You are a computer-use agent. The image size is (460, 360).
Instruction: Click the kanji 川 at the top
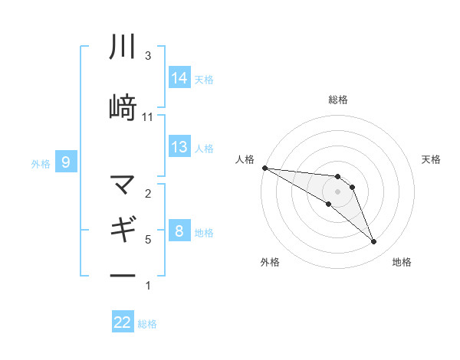[123, 47]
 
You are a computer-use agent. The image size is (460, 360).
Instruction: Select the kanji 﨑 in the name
[123, 106]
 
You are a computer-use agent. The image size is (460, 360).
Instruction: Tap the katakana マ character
[123, 185]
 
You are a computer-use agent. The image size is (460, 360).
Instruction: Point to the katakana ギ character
[123, 229]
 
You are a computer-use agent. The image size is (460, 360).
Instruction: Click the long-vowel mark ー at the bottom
[123, 274]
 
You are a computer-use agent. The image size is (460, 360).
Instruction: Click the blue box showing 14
[179, 77]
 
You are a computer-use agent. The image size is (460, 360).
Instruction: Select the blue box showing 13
[179, 147]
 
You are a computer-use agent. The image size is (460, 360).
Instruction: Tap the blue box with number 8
[179, 231]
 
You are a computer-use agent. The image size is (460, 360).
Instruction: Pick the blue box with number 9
[67, 162]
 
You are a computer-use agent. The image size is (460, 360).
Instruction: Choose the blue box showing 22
[123, 322]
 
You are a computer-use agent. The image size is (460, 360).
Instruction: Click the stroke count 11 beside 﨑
[148, 117]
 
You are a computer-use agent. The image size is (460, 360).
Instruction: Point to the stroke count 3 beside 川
[148, 56]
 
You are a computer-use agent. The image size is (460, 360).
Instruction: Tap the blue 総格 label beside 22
[147, 324]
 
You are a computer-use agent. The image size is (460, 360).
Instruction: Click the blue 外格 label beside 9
[41, 163]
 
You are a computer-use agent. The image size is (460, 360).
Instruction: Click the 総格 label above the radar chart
[338, 100]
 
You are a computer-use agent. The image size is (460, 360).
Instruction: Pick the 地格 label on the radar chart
[402, 262]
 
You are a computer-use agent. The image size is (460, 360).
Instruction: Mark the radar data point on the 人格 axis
[264, 168]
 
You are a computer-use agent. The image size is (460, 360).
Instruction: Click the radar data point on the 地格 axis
[374, 242]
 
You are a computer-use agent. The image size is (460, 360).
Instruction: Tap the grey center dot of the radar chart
[338, 191]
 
